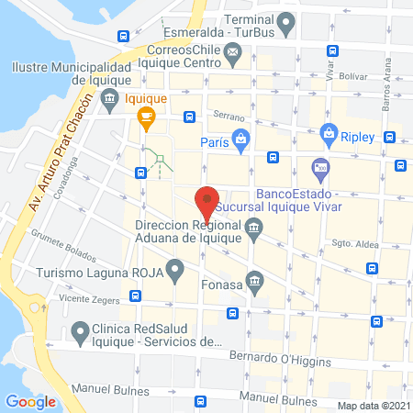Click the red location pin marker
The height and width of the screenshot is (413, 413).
click(x=207, y=202)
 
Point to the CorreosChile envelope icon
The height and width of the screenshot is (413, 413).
click(x=233, y=59)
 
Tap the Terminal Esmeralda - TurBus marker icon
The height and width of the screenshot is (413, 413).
click(x=286, y=18)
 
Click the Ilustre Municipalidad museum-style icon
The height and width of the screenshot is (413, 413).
click(x=109, y=97)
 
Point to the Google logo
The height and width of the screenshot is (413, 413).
click(x=30, y=400)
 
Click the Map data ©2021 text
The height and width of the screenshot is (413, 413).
click(x=373, y=405)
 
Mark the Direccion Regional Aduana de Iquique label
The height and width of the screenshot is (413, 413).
click(x=188, y=231)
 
